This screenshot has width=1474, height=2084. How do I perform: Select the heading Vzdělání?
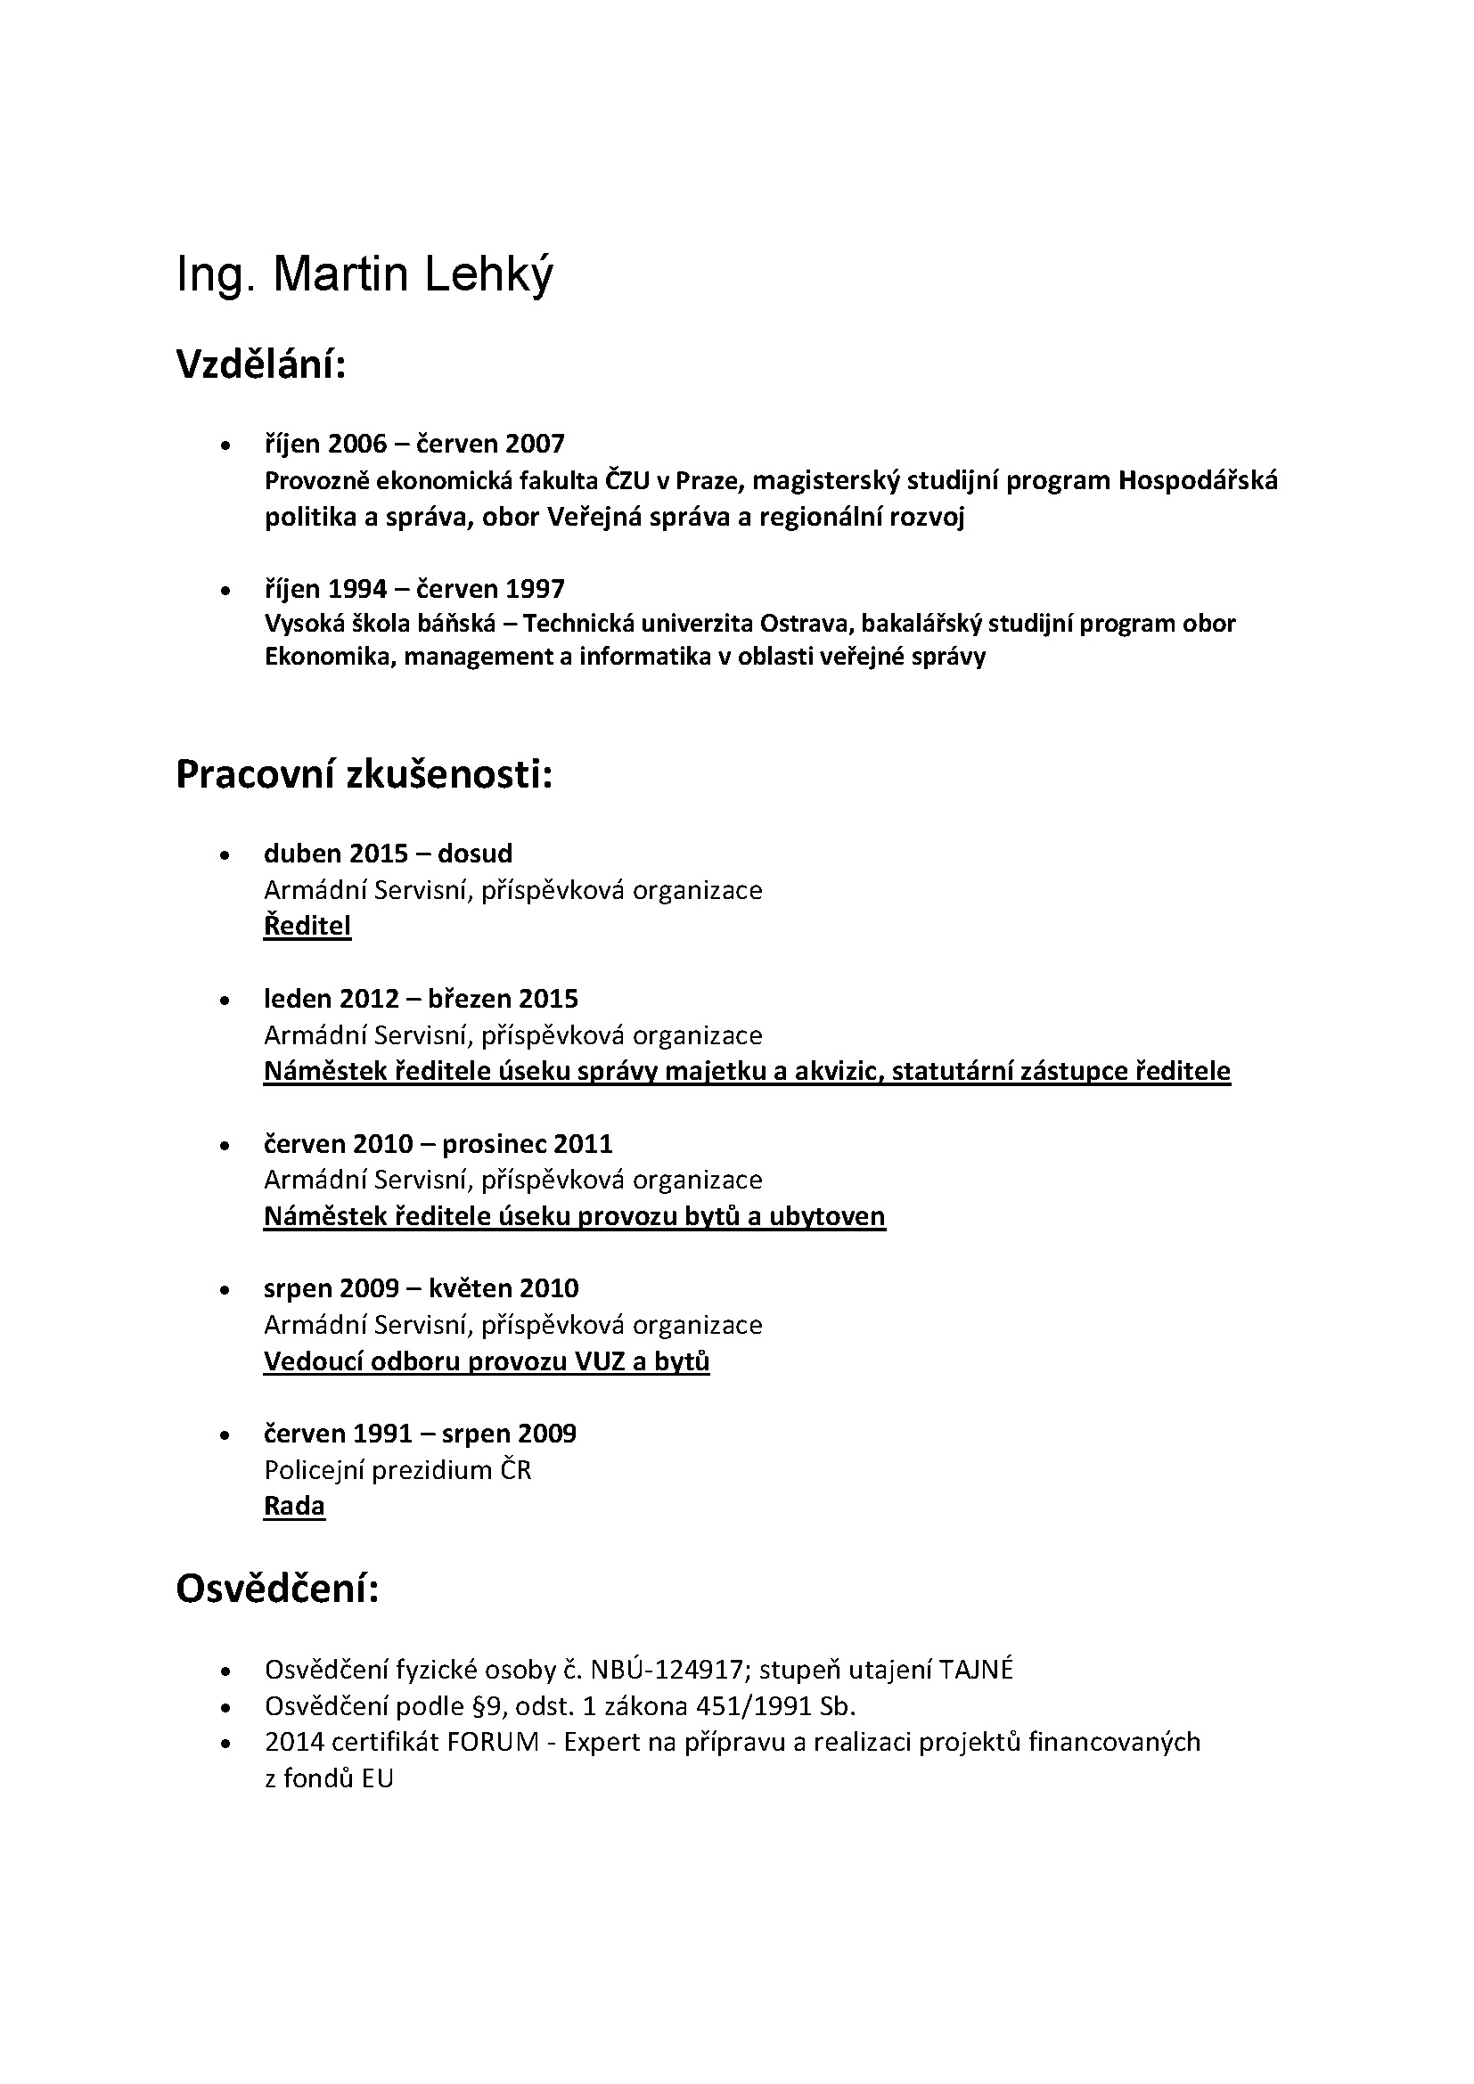point(260,365)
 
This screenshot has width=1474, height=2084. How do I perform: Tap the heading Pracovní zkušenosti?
point(363,774)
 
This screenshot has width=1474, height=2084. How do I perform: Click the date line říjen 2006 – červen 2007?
point(414,444)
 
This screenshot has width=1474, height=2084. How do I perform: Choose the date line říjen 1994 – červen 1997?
point(414,589)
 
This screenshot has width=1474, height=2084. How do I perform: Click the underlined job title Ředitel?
point(307,926)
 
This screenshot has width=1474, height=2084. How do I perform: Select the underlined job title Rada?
point(294,1506)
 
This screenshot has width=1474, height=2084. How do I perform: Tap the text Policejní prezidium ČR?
point(397,1469)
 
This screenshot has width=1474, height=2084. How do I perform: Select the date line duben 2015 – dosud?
point(388,854)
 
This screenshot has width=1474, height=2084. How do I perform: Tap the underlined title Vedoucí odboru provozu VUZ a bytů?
point(487,1361)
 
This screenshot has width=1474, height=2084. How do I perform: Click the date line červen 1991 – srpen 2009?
point(420,1434)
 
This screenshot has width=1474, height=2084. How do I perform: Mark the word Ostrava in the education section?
point(806,624)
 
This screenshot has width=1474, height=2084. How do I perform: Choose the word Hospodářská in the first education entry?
point(1197,480)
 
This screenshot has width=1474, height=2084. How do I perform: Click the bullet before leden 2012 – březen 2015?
point(225,1001)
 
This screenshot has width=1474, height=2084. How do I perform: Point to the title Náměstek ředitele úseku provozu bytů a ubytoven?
point(574,1216)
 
